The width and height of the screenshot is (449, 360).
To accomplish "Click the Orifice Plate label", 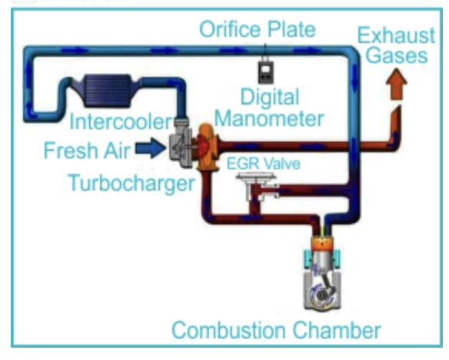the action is (257, 29).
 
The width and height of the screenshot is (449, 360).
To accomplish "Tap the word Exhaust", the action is (396, 35).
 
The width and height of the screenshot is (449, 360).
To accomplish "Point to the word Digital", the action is (270, 97).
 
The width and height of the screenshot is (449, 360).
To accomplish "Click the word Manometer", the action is (269, 119).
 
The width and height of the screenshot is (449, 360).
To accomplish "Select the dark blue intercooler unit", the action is (107, 90).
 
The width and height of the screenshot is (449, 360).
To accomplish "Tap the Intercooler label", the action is (121, 122).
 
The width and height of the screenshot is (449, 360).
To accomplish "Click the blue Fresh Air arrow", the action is (151, 148).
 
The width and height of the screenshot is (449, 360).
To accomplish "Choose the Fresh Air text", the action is (87, 150).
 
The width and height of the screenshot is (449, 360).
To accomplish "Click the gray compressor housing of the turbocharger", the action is (181, 146).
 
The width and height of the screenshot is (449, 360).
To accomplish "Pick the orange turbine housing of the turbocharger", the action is (207, 146).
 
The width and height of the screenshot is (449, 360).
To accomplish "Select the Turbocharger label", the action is (131, 183).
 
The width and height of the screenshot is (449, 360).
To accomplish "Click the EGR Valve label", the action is (263, 164).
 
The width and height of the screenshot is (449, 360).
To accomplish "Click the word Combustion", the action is (228, 330).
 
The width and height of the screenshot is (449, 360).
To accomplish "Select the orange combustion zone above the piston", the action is (323, 244).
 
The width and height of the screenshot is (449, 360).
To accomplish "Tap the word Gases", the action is (397, 55).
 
